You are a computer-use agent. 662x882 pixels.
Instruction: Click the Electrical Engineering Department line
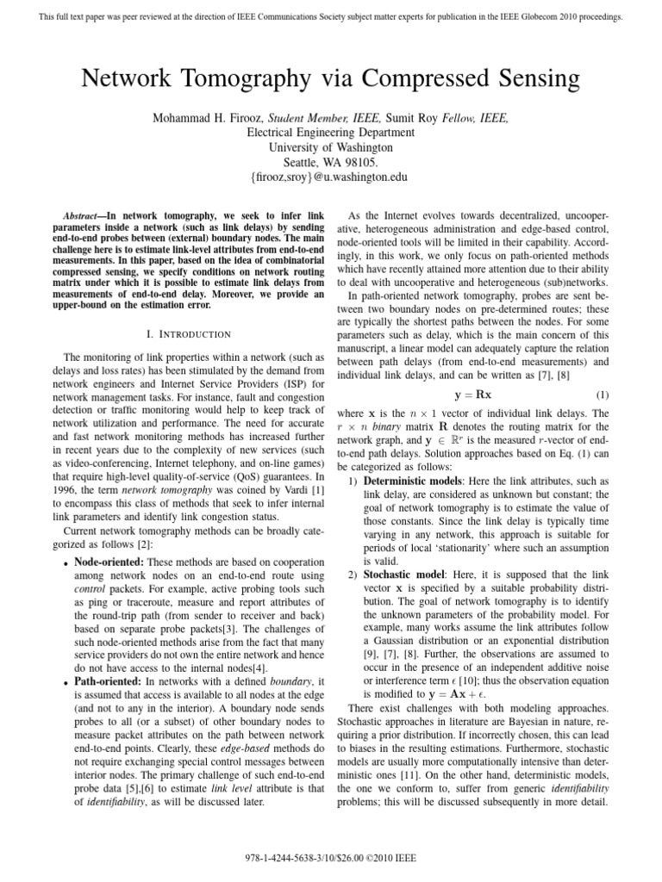coord(331,133)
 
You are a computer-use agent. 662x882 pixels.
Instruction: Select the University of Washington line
coord(331,147)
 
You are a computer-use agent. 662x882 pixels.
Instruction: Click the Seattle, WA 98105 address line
coord(331,162)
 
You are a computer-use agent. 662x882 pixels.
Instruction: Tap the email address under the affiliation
coord(331,177)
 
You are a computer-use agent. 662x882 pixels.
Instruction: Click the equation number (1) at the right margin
coord(603,394)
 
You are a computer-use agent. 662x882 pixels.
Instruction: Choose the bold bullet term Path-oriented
coord(109,682)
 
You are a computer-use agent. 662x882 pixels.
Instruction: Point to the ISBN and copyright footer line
coord(331,859)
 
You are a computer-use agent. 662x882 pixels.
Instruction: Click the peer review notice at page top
coord(331,16)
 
